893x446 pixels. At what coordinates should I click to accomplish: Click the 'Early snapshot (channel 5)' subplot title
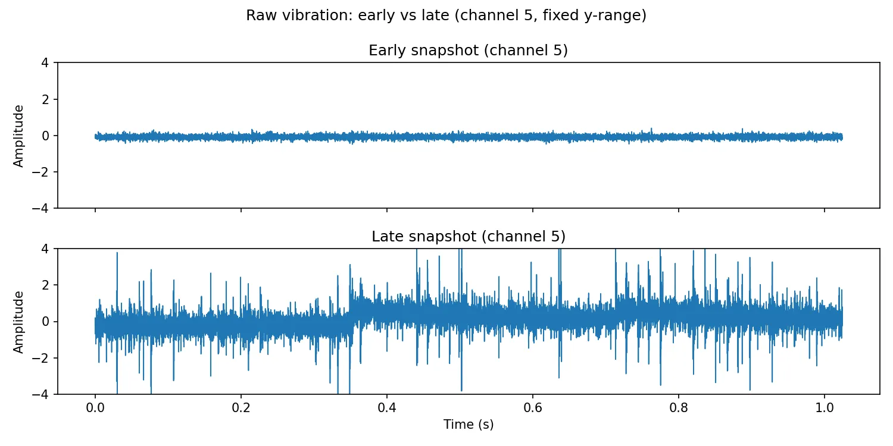pyautogui.click(x=468, y=51)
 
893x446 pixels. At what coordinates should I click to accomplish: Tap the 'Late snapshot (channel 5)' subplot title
pyautogui.click(x=468, y=236)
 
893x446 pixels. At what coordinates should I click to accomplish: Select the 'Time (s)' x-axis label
pyautogui.click(x=468, y=425)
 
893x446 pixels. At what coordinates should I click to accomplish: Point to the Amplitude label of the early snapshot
pyautogui.click(x=19, y=136)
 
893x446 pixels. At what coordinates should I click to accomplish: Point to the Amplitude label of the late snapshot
pyautogui.click(x=19, y=322)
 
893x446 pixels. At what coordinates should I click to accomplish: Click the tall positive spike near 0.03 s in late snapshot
pyautogui.click(x=117, y=255)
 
